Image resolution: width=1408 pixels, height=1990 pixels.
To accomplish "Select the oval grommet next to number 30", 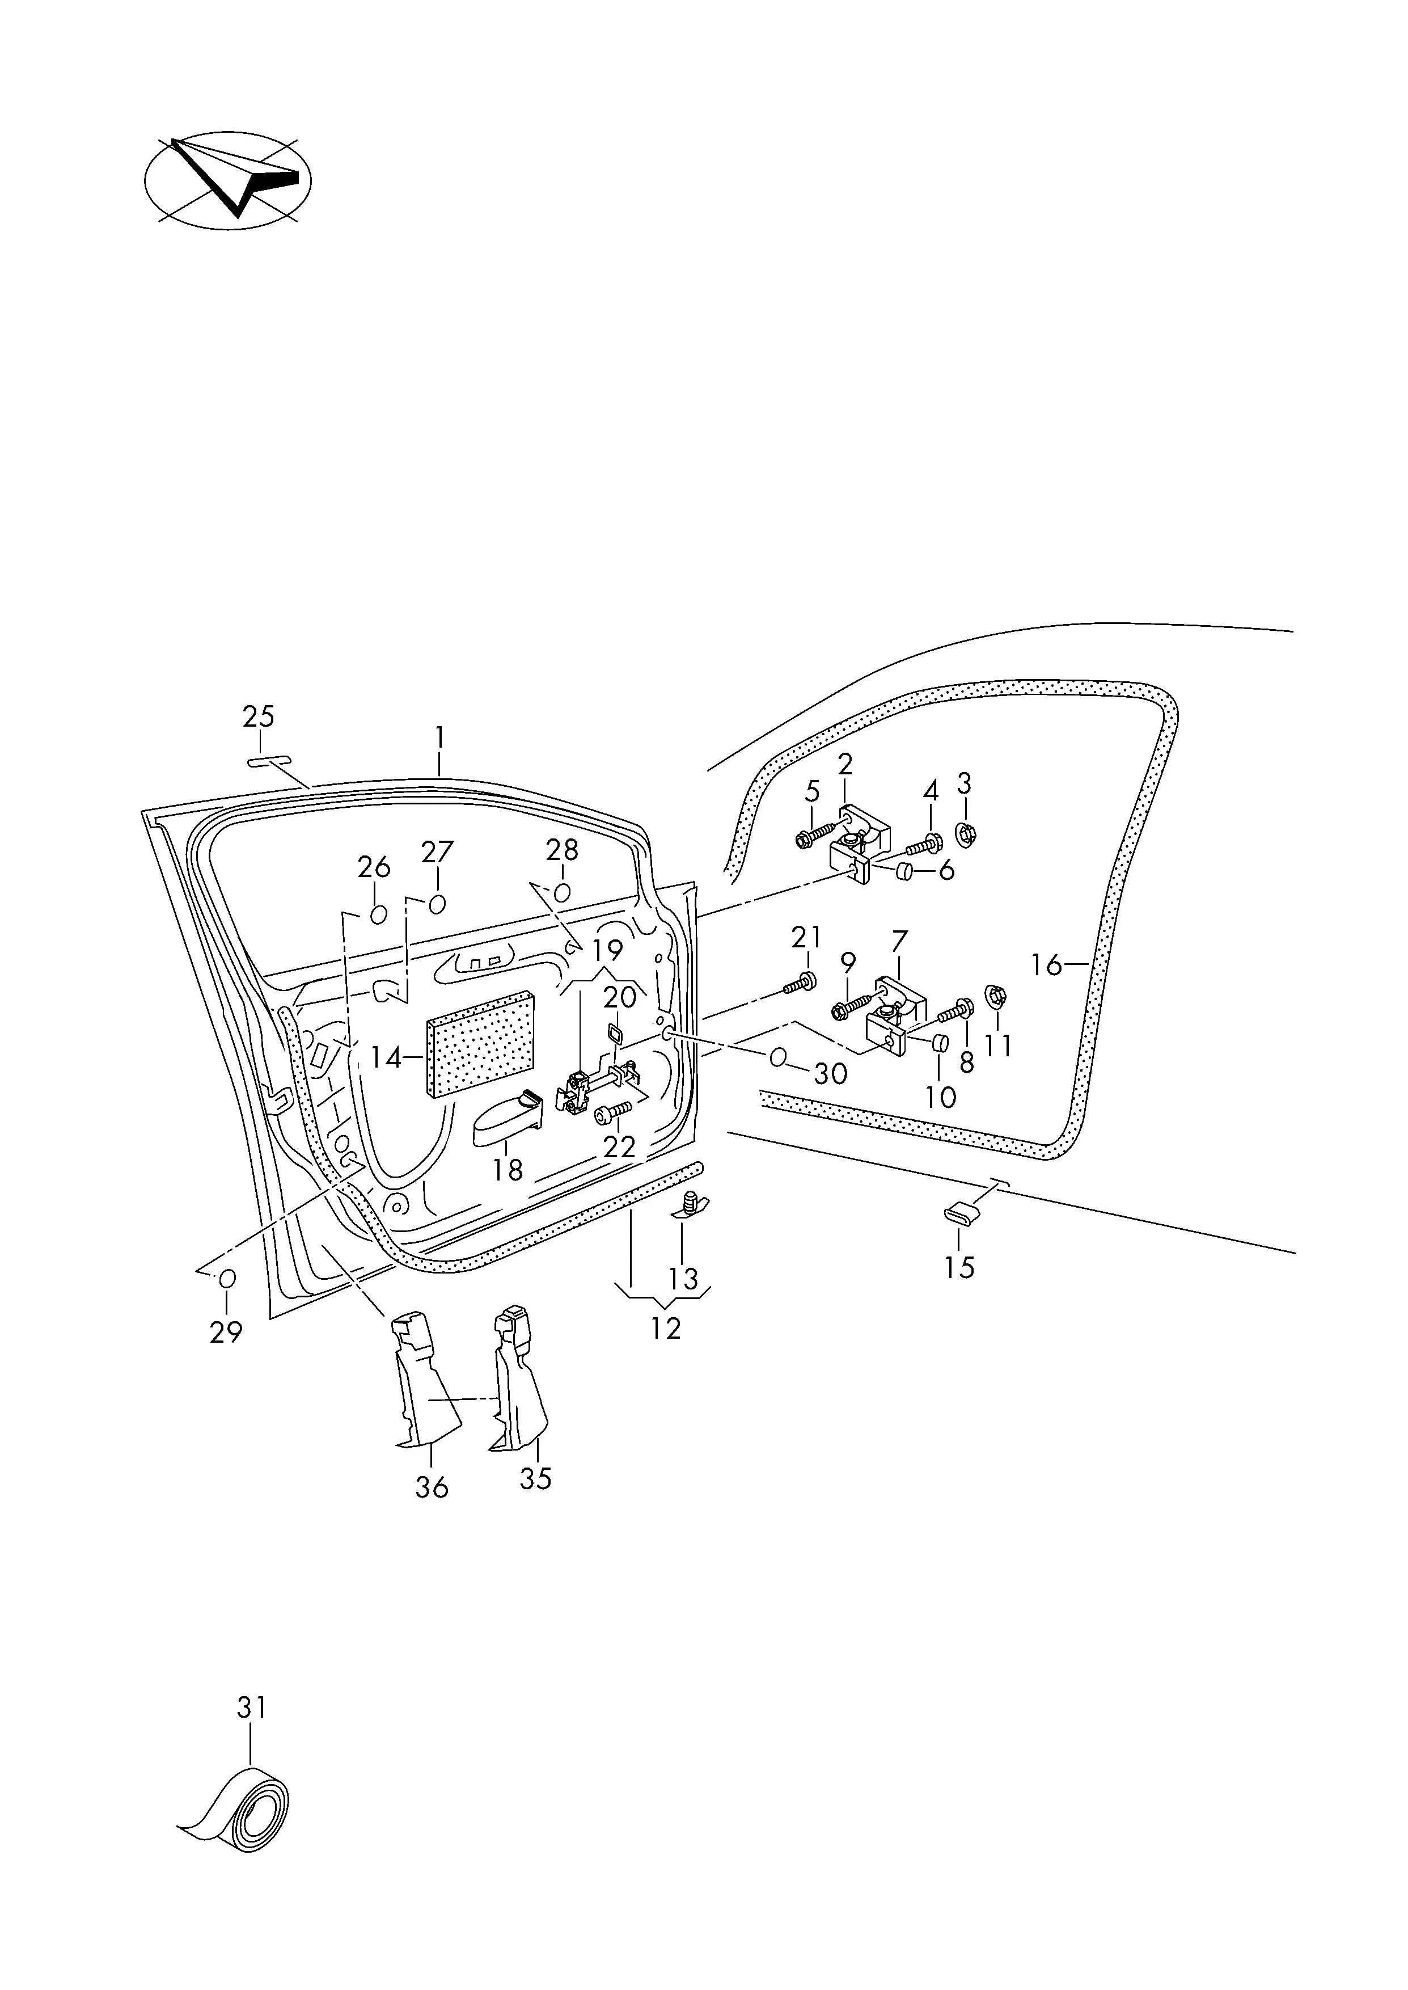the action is click(777, 1057).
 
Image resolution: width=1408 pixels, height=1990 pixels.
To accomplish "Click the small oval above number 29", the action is click(227, 1279).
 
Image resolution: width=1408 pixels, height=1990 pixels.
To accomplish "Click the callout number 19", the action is click(608, 951).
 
